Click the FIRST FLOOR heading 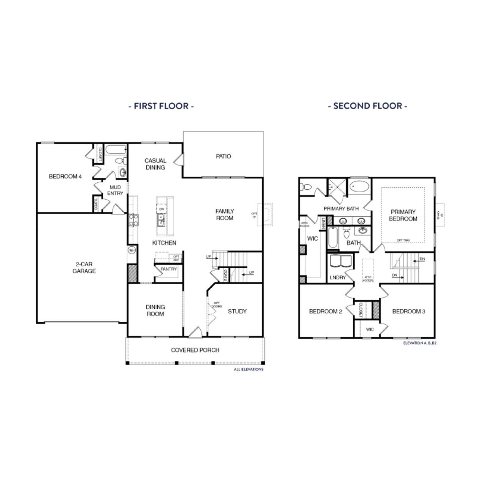161,106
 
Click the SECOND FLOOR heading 367,106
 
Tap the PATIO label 224,157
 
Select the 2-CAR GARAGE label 84,268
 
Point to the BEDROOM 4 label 65,176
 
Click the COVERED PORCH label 195,350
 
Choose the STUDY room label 237,311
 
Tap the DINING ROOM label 155,310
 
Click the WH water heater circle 132,250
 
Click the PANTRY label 168,269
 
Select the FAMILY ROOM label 225,215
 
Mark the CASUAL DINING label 155,164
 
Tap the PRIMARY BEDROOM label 403,215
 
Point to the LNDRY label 338,278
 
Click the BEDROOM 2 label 325,311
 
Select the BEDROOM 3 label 408,311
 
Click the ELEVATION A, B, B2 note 420,342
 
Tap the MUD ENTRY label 115,190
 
